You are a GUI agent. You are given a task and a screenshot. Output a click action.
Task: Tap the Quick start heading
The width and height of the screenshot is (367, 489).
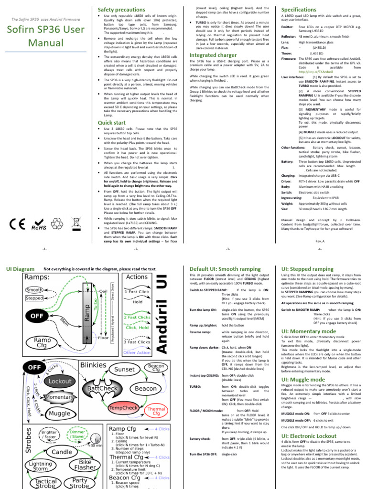point(112,123)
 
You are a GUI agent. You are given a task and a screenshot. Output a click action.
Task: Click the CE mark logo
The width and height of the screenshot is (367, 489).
point(17,223)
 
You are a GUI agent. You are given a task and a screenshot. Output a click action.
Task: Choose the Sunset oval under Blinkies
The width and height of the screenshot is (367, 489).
point(124,370)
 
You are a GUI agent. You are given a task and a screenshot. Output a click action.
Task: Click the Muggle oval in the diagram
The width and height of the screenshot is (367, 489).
point(59,413)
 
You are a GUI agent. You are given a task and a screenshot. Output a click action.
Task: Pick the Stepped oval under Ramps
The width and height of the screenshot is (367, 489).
point(34,298)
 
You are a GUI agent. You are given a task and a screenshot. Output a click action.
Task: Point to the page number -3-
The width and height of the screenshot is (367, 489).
point(228,249)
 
